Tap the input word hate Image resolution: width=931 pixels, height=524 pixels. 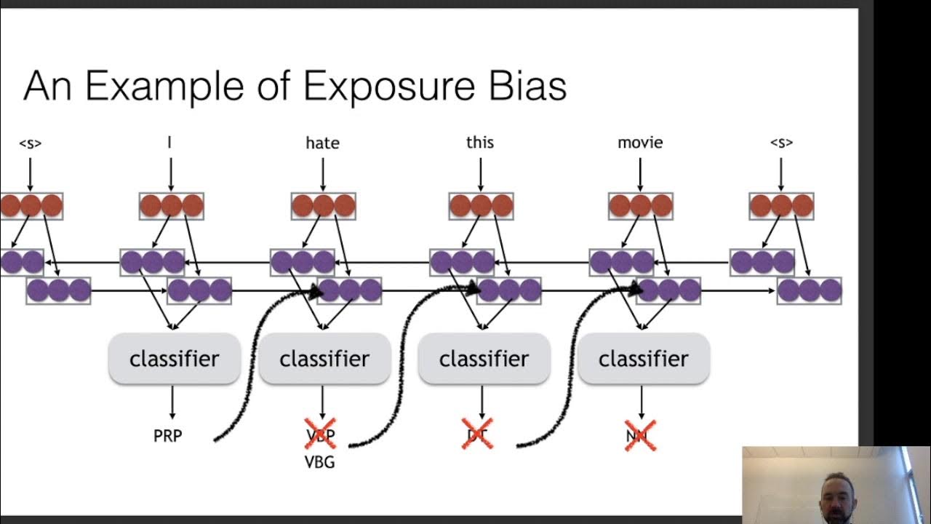[322, 143]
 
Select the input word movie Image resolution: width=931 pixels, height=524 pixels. [640, 143]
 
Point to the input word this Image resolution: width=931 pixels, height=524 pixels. [480, 142]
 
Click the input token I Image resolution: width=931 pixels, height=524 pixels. [170, 142]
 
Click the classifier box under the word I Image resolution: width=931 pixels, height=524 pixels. [174, 359]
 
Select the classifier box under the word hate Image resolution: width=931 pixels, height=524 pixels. [324, 359]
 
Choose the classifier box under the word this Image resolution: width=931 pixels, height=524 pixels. [484, 359]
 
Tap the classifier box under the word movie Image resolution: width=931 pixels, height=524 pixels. [643, 359]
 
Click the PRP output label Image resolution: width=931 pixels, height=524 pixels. [168, 436]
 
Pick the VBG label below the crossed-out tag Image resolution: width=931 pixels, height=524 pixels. [320, 461]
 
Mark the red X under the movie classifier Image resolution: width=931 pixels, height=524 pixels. [640, 435]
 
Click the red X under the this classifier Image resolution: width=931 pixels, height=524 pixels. [477, 434]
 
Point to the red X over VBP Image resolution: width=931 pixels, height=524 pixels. [320, 434]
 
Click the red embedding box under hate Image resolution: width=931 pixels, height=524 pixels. [323, 206]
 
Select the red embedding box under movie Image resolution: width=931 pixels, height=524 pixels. [640, 206]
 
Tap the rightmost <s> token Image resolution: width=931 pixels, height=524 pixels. [781, 143]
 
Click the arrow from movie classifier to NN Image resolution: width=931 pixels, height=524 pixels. [641, 402]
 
